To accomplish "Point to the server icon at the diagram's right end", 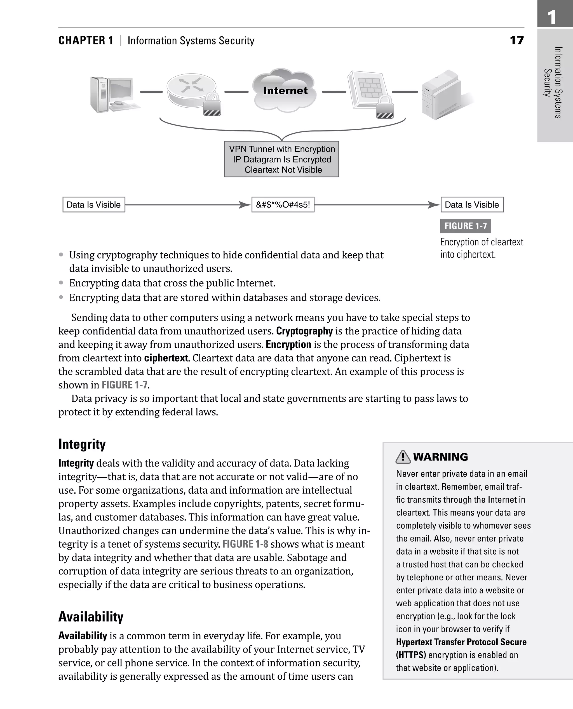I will [442, 95].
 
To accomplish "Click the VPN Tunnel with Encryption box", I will [281, 159].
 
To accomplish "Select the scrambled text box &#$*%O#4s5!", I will [283, 204].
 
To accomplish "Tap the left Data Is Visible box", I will [94, 204].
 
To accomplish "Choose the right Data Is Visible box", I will [472, 204].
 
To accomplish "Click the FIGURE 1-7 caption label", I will [465, 226].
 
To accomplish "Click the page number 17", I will [516, 41].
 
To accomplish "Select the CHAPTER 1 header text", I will [86, 41].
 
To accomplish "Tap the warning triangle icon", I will [403, 457].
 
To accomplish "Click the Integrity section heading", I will [82, 444].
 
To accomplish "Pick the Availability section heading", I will [91, 617].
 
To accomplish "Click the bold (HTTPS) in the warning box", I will [411, 655].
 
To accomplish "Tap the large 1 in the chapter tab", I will [552, 17].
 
